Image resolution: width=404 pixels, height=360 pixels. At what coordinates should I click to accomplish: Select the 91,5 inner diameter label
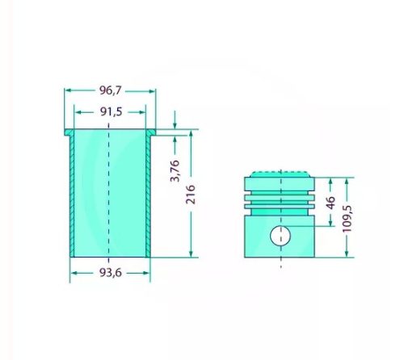coord(110,112)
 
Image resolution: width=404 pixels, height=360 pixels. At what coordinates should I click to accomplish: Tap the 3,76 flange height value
coord(174,171)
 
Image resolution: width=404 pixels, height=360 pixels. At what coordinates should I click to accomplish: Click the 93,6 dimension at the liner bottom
coord(110,274)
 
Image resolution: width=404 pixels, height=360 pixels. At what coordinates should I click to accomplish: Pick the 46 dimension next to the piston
coord(330,203)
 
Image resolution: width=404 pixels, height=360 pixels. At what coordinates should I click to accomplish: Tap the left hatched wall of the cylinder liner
coord(70,194)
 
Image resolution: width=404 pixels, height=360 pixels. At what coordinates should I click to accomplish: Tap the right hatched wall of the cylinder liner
coord(149,194)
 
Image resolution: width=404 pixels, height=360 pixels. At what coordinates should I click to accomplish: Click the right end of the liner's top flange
coord(154,131)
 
